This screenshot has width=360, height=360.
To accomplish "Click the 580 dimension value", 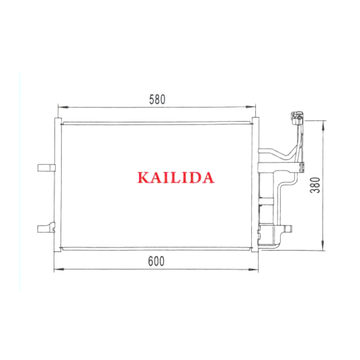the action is click(x=157, y=99).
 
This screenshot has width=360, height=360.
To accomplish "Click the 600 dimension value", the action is click(x=156, y=261).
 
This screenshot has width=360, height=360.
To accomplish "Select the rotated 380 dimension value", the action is click(x=315, y=185).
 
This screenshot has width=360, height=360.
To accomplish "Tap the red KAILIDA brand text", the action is click(x=175, y=177).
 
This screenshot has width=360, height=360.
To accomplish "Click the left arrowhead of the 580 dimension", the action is click(x=63, y=107).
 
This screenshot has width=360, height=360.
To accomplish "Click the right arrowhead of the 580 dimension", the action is click(x=250, y=107).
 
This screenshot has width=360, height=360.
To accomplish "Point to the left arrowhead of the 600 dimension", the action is click(x=59, y=269).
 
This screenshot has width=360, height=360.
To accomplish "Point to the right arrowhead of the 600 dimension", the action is click(x=253, y=269).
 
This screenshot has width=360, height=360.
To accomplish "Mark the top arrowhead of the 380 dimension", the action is click(x=323, y=126).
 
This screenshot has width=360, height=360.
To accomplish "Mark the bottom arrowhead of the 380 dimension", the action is click(x=323, y=245).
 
